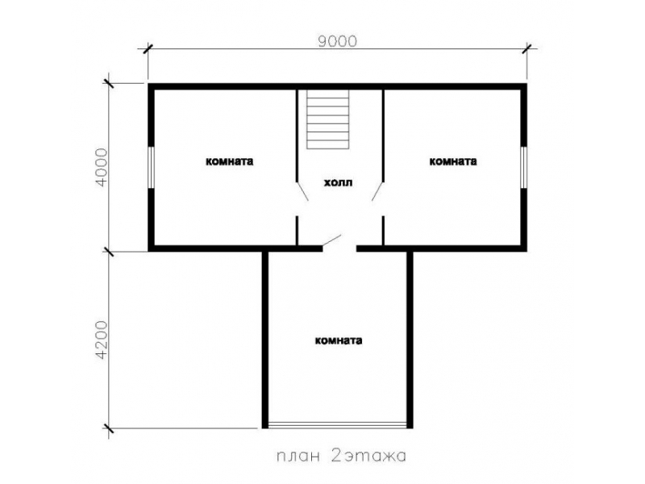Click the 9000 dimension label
coord(338,41)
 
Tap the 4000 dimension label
coord(102,168)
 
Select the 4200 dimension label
coord(102,340)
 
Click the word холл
coord(338,182)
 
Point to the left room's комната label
coord(230,161)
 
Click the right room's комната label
coord(453,161)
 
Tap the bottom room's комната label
coord(339,340)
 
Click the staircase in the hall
coord(328,119)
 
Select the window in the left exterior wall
coord(151,168)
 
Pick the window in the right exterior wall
coord(523,168)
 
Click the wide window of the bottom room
coord(337,425)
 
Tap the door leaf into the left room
coord(302,191)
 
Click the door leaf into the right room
coord(377,191)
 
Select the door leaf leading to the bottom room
coord(331,240)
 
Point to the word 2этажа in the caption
coord(368,456)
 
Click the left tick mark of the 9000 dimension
coord(148,49)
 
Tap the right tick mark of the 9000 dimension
coord(526,49)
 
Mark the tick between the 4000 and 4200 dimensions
coord(109,251)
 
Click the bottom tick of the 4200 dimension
coord(109,428)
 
